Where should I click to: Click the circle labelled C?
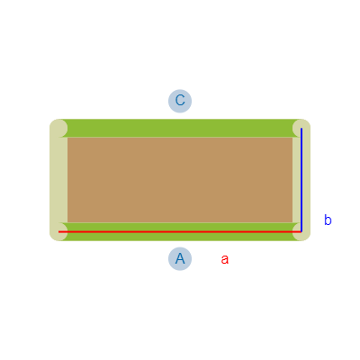[180, 101]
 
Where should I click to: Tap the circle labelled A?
[180, 258]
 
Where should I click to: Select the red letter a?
[225, 259]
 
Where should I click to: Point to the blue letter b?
[328, 220]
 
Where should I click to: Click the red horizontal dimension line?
[180, 232]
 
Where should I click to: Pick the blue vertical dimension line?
[301, 180]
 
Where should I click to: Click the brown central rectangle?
[180, 180]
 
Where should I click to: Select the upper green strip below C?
[180, 128]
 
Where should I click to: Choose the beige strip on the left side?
[58, 180]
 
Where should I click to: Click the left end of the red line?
[58, 232]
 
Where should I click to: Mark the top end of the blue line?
[301, 129]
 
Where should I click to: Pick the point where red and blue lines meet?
[301, 232]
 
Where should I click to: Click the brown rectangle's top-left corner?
[67, 138]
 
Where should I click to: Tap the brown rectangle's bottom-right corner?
[292, 222]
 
